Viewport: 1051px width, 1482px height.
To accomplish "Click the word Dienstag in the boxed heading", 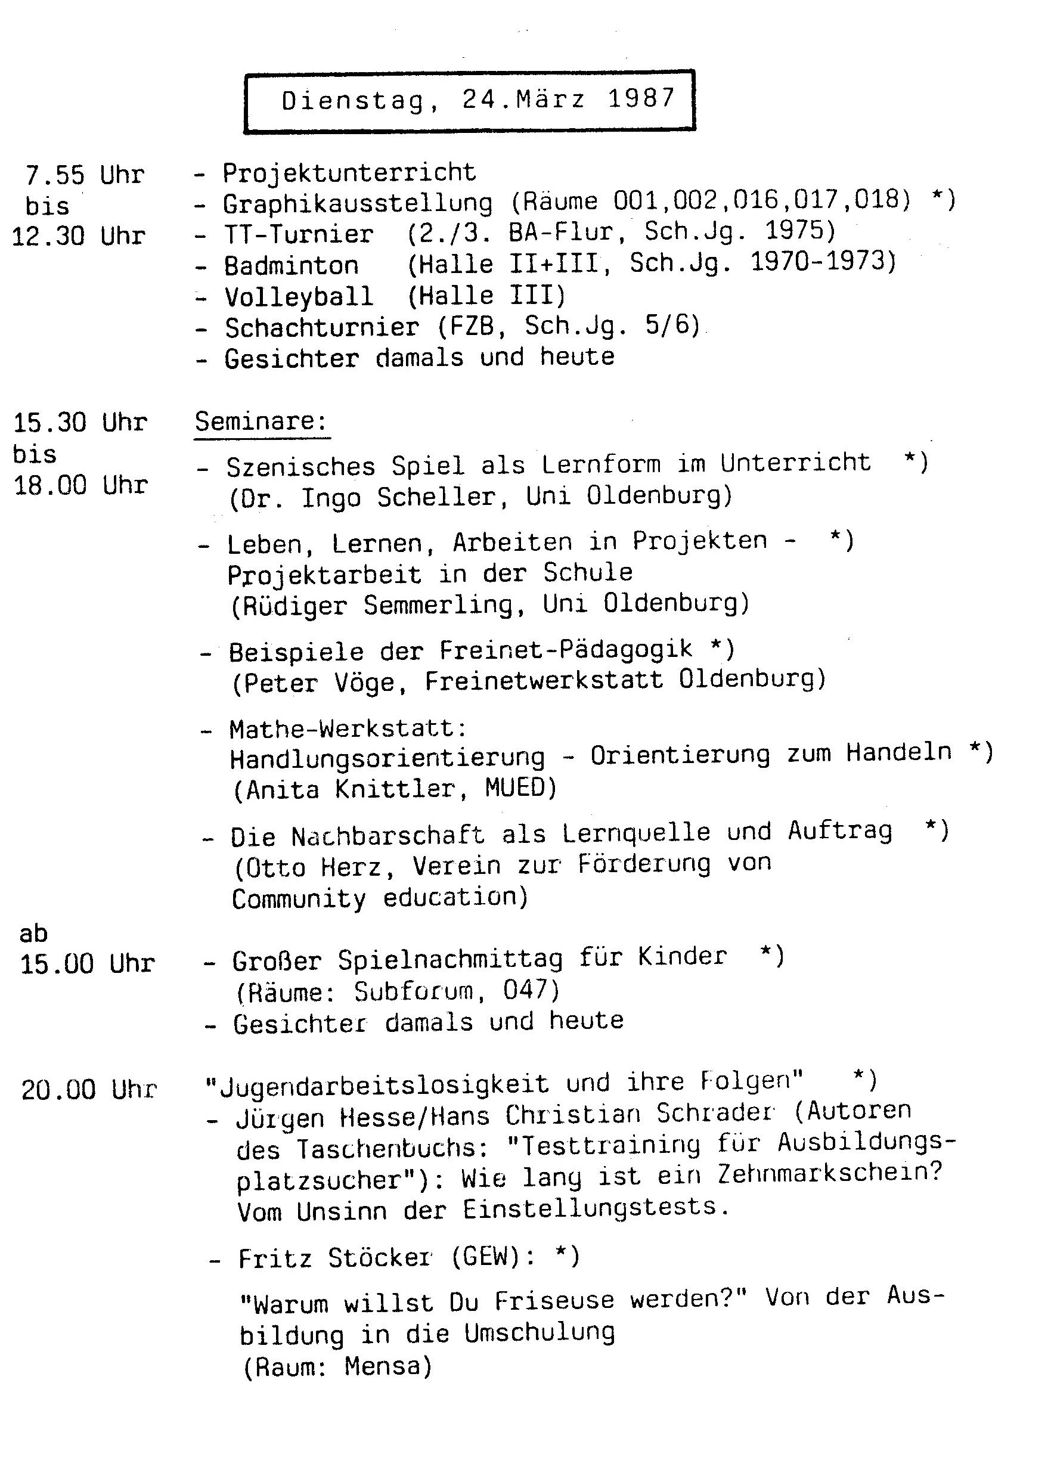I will pyautogui.click(x=354, y=101).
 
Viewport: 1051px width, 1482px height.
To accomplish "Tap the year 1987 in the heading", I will pyautogui.click(x=641, y=98).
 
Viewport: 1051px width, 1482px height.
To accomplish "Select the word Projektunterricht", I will pyautogui.click(x=349, y=172).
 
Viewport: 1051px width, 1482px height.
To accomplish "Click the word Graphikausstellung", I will pyautogui.click(x=358, y=204).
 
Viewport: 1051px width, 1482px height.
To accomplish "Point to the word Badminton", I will pyautogui.click(x=292, y=265).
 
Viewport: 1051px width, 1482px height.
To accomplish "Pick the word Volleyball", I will pyautogui.click(x=299, y=296).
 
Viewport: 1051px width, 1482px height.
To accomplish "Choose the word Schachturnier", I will pyautogui.click(x=323, y=327).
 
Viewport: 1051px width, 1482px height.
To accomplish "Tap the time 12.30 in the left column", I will pyautogui.click(x=48, y=236).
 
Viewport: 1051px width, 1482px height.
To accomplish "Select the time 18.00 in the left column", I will pyautogui.click(x=50, y=485).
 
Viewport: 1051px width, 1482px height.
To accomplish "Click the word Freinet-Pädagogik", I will pyautogui.click(x=566, y=649).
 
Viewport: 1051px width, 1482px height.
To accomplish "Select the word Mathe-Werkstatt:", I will pyautogui.click(x=348, y=728).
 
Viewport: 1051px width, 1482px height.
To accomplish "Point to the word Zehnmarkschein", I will pyautogui.click(x=830, y=1173).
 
